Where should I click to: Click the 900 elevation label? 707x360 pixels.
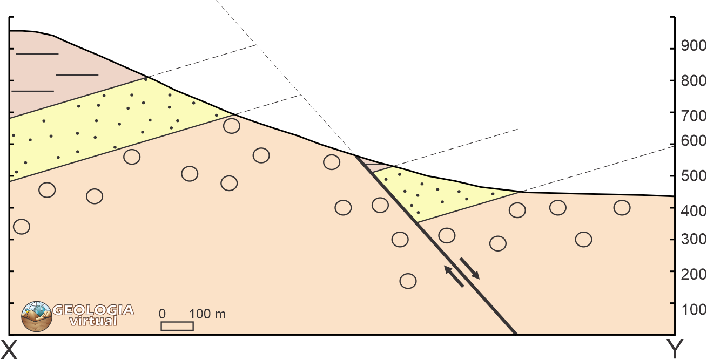(693, 46)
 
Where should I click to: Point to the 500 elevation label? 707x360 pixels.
(693, 176)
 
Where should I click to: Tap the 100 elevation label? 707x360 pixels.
(693, 309)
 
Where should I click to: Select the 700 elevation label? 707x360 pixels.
(693, 116)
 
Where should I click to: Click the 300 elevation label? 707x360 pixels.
(693, 240)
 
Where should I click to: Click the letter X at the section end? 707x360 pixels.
(9, 349)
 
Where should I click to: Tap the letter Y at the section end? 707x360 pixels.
(675, 349)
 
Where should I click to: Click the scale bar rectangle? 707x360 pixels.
(177, 326)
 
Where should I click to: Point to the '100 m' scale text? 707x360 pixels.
(207, 314)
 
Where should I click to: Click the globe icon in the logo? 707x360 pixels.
(37, 316)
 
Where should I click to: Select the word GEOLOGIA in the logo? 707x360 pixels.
(93, 310)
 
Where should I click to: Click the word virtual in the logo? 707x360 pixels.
(93, 321)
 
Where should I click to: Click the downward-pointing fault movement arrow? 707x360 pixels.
(470, 268)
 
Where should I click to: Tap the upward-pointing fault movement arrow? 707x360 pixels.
(454, 276)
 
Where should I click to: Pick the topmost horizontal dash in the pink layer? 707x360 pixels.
(37, 54)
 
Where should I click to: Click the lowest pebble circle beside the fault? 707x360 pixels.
(408, 281)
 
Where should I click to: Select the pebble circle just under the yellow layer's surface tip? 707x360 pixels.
(232, 126)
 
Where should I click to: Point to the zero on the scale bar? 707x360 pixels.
(162, 314)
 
